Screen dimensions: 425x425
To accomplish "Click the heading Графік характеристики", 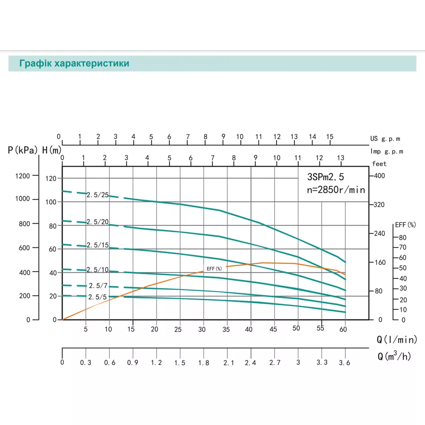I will point(74,64).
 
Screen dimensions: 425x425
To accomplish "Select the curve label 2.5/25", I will point(98,195).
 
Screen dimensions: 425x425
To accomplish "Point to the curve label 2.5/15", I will point(98,245).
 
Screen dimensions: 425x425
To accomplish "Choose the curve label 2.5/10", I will point(98,269).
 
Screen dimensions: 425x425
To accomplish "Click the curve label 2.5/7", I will point(98,285).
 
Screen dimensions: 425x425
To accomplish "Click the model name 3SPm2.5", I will point(325,176).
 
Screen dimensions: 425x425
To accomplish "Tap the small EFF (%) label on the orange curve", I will point(214,268).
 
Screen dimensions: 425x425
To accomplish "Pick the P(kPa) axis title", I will point(23,150).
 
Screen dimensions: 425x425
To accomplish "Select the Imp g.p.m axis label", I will point(387,151).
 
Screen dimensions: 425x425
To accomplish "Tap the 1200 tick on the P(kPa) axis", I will point(22,176).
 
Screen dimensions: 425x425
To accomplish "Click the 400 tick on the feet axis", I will point(379,176).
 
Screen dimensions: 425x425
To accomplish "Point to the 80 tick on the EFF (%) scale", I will point(402,237).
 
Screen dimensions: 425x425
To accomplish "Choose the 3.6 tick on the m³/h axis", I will point(345,363).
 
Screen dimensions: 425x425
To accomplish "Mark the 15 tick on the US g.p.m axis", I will point(330,136).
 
